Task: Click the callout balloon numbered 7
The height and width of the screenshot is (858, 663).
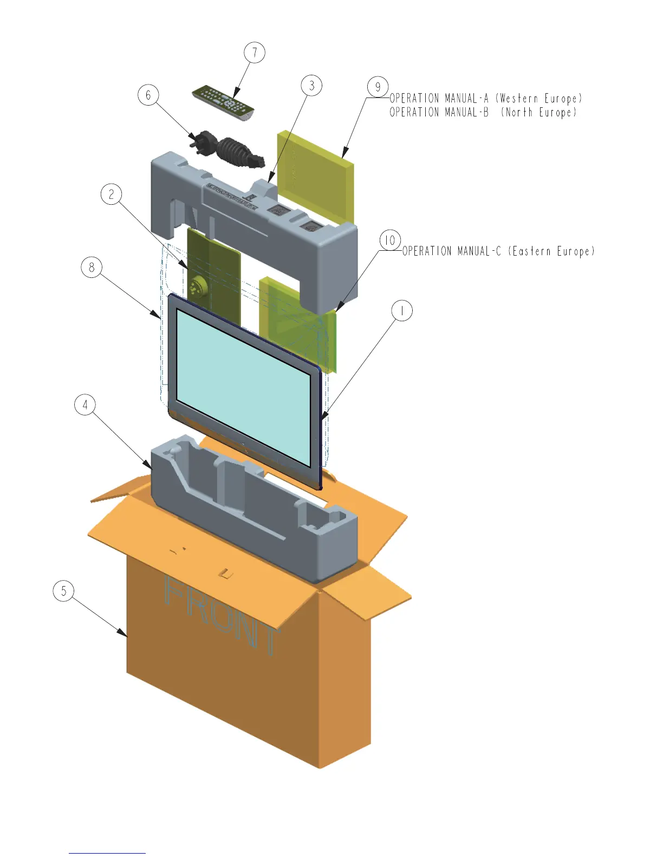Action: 255,53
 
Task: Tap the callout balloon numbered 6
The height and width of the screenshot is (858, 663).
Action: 148,95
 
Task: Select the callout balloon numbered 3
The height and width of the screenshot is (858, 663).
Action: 311,85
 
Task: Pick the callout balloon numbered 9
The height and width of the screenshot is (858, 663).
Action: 378,87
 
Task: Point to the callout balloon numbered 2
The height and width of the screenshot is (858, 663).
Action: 112,194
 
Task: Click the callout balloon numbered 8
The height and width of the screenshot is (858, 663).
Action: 92,267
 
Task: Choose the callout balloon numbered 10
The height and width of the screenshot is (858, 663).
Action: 390,240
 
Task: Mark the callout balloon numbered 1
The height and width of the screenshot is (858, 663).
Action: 402,311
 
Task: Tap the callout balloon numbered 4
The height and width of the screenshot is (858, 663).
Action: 85,405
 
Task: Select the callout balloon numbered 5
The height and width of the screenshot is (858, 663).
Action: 63,590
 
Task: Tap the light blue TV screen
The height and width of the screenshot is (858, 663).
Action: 244,387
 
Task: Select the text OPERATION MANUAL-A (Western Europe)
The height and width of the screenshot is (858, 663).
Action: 486,99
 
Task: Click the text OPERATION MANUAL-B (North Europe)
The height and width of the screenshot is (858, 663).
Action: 483,113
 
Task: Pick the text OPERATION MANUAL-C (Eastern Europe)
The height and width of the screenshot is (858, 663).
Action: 498,251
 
